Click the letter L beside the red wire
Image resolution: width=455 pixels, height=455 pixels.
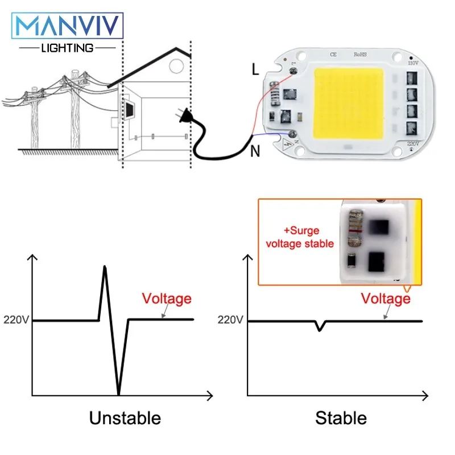255,70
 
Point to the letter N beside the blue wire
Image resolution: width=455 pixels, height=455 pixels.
255,151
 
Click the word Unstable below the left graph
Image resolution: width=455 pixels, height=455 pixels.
125,419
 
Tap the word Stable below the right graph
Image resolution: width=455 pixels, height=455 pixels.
341,419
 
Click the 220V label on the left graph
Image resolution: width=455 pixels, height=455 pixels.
16,320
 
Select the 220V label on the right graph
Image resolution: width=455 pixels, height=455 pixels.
230,320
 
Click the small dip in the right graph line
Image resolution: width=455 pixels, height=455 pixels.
320,328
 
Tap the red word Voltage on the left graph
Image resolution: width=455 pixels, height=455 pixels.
167,299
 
